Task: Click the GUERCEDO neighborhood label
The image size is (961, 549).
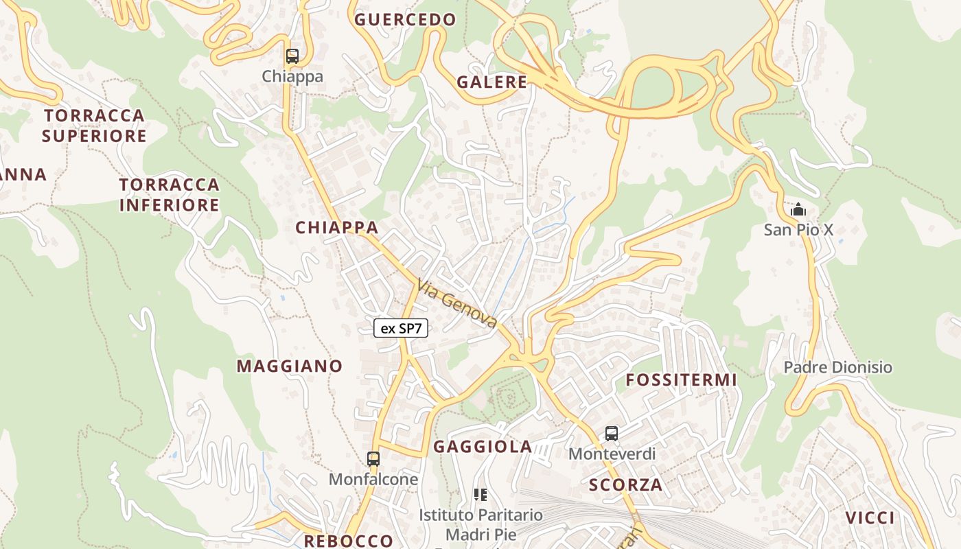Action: point(405,20)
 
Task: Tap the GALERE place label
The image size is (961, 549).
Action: point(492,82)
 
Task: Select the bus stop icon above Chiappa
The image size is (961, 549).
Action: point(292,56)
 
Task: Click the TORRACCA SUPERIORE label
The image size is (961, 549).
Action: point(94,126)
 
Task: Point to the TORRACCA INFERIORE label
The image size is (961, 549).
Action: point(170,195)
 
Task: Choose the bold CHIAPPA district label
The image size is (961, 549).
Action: point(337,228)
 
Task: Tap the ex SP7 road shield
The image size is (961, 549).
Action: point(401,329)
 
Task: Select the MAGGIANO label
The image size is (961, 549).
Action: point(290,366)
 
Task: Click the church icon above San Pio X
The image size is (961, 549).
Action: point(798,210)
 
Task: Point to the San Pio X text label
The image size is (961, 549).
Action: point(798,230)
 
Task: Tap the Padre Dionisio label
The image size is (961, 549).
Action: point(838,367)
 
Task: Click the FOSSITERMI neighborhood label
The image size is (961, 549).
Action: point(681,380)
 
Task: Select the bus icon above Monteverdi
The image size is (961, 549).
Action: point(612,434)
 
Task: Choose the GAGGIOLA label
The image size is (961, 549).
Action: point(483,447)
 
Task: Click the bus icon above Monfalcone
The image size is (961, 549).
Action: point(373,459)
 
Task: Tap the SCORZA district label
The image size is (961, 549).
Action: point(626,486)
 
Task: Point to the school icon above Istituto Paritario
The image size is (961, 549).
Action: point(480,495)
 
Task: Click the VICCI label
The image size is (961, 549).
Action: point(870,518)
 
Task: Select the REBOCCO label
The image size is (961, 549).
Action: point(349,541)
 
